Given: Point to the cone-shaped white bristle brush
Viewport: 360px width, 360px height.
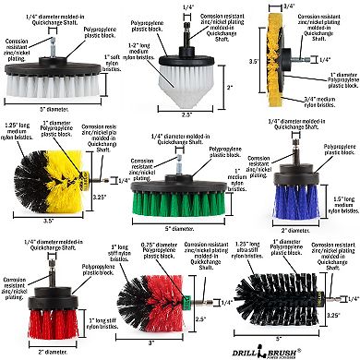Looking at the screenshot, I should [187, 90].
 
